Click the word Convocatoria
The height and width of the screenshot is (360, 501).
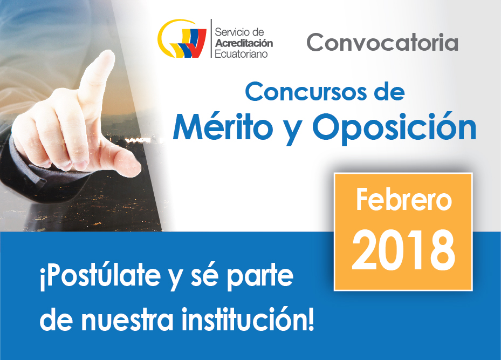tap(382, 42)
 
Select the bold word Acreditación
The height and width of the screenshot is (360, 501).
tap(244, 43)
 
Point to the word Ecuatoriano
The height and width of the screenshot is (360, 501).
tap(241, 54)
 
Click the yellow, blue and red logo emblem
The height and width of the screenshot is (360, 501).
tap(182, 39)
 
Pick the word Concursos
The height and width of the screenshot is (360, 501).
tap(306, 92)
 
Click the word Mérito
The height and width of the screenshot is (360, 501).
tap(223, 127)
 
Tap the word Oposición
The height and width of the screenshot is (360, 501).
tap(394, 127)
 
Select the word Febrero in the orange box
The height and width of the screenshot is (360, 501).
tap(404, 200)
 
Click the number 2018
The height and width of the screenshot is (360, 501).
tap(403, 250)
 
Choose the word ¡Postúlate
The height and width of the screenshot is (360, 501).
tap(100, 276)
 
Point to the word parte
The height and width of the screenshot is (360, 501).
tap(260, 276)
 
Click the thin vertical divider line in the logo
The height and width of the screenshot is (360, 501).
tap(211, 38)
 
